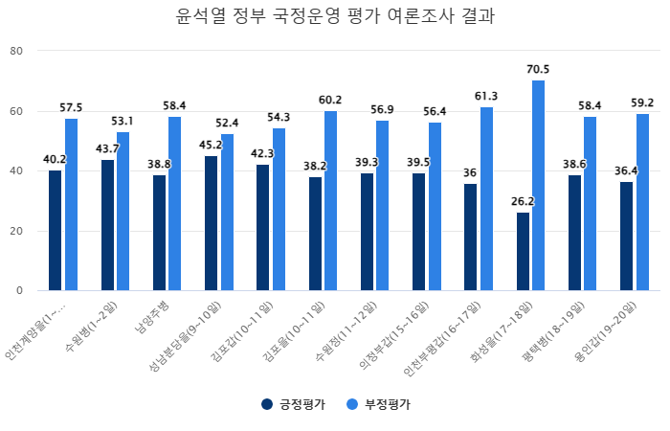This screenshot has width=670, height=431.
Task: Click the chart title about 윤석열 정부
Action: tap(335, 17)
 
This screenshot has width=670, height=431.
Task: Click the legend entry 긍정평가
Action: tap(294, 405)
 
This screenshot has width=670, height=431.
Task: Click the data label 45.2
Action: tap(211, 146)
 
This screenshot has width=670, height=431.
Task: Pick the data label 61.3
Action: tap(486, 97)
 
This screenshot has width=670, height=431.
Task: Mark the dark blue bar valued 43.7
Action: tap(107, 225)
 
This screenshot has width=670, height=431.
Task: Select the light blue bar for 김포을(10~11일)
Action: tap(331, 200)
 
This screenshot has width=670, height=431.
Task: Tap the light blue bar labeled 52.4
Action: tap(227, 212)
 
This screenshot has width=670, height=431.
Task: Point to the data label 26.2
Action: tap(523, 202)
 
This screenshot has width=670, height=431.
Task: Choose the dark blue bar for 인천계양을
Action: tap(55, 230)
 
